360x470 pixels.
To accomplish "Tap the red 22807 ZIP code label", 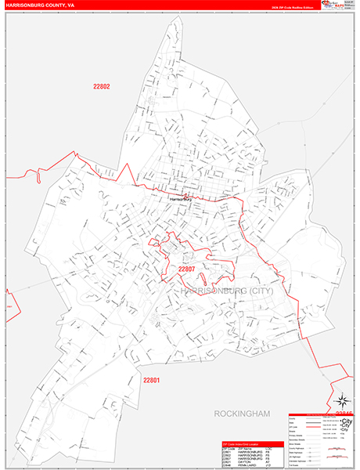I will (x=185, y=269).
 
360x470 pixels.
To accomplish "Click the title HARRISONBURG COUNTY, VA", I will (x=41, y=4).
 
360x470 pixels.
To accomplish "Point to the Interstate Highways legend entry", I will (x=297, y=457).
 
